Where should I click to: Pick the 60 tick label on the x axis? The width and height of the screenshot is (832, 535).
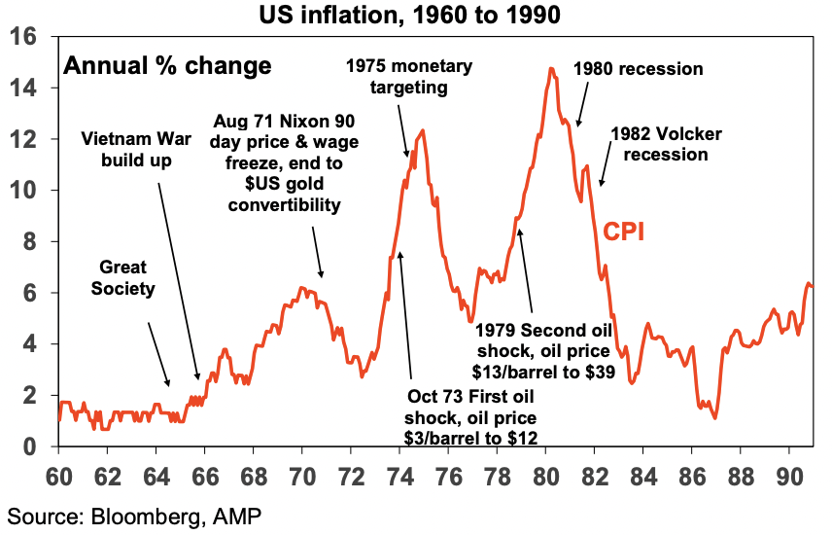point(58,478)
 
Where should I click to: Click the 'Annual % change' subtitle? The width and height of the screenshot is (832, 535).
point(167,66)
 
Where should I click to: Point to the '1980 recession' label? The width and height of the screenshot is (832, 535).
point(638,69)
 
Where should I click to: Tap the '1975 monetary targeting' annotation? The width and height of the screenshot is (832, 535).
point(409,78)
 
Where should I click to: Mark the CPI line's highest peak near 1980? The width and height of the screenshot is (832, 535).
point(551,68)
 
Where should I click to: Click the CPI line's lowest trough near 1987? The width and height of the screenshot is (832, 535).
point(714,418)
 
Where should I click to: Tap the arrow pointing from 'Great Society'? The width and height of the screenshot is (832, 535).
point(157,354)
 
